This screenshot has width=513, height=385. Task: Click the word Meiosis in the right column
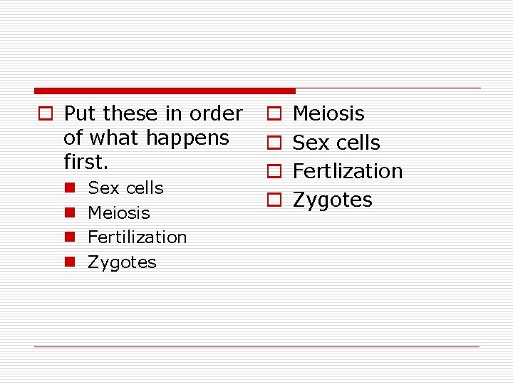click(328, 113)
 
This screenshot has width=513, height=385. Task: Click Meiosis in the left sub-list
click(119, 212)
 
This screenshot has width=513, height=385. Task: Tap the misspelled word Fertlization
click(348, 171)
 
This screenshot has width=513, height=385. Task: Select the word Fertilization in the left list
click(137, 237)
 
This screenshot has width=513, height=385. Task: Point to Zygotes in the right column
click(333, 200)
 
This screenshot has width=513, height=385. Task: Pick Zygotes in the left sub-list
click(122, 262)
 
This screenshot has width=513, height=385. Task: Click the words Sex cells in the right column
click(336, 143)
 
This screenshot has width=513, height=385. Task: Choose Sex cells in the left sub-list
click(125, 188)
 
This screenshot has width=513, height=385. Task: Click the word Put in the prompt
click(80, 113)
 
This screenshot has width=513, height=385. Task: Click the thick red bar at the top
click(165, 91)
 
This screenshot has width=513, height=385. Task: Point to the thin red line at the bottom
click(256, 347)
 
